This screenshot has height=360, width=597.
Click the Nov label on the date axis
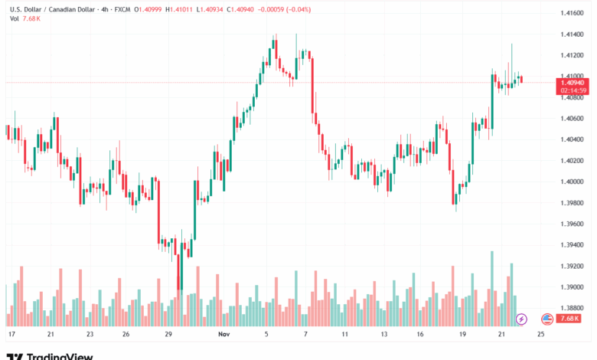tap(223, 335)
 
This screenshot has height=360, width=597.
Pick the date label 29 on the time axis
tap(168, 335)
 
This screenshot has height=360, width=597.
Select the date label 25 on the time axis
tap(541, 335)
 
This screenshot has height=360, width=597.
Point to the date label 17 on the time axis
tap(11, 335)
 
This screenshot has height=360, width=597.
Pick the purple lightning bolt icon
tap(522, 318)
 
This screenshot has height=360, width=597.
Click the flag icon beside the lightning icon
tap(546, 318)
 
